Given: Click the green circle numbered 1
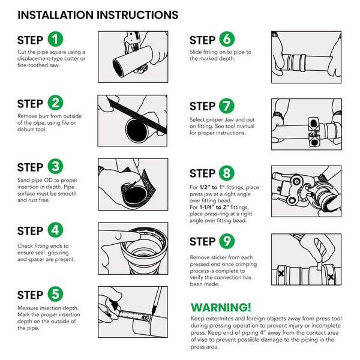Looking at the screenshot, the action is click(x=55, y=39).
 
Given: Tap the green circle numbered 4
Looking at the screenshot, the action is click(x=55, y=230).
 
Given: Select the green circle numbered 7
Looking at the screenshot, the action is click(x=227, y=106).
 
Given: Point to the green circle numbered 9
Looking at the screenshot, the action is click(x=227, y=241).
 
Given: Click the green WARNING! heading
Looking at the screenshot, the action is click(x=221, y=307).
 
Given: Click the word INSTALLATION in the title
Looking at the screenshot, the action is click(x=56, y=15).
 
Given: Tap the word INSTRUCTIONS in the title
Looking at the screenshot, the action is click(x=137, y=15).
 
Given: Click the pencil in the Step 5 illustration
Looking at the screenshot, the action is click(x=156, y=301).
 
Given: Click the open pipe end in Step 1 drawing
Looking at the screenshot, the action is click(x=118, y=68).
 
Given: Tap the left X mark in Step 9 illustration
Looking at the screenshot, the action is click(x=281, y=273).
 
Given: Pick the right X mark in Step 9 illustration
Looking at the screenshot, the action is click(x=331, y=277).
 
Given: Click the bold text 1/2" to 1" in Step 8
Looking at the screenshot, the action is click(x=212, y=187).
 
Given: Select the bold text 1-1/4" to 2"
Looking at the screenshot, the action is click(x=214, y=207).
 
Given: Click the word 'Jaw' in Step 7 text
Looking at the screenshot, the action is click(x=229, y=119).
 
